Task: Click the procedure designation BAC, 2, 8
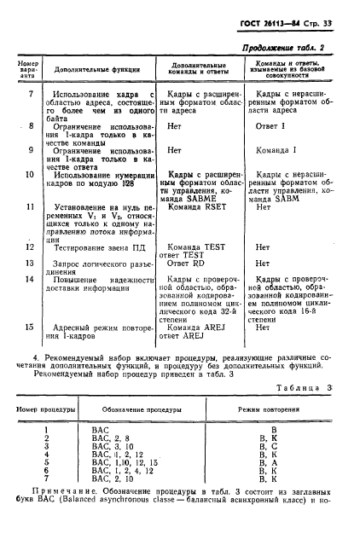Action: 111,438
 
